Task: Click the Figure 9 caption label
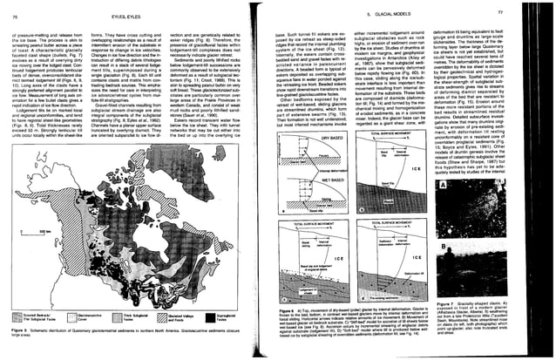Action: tap(293, 307)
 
